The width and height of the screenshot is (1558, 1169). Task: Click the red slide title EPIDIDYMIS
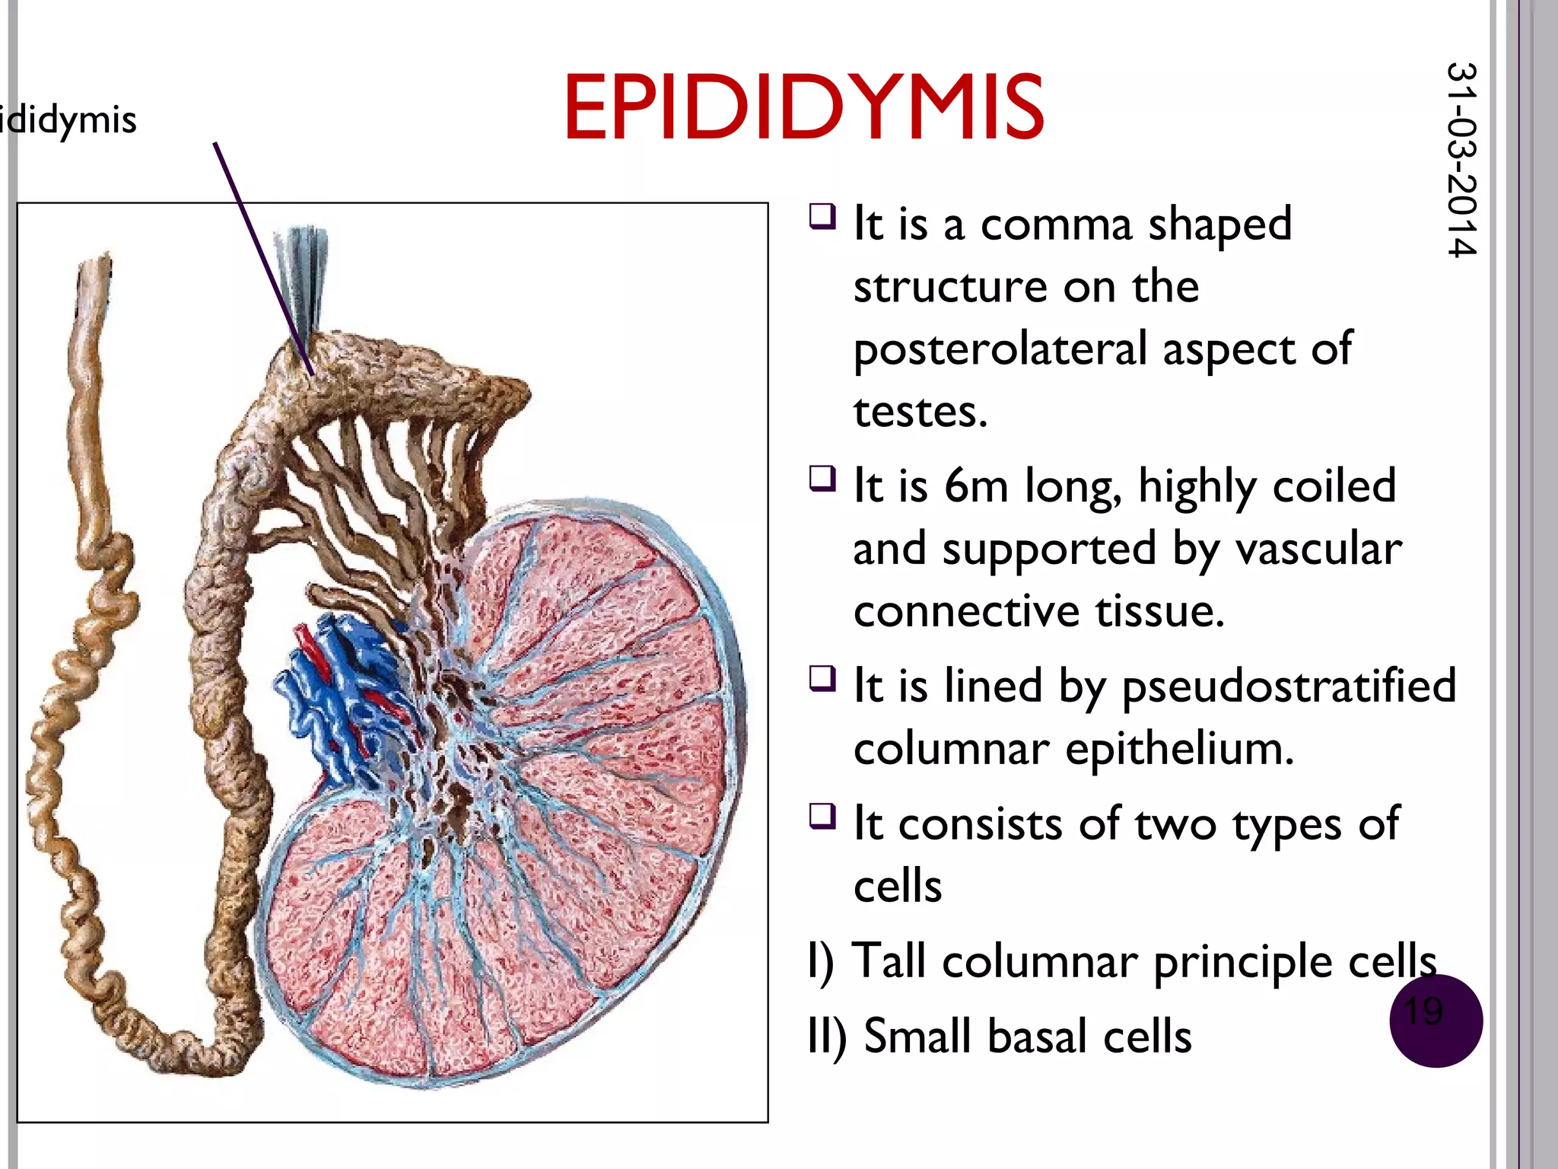pos(803,108)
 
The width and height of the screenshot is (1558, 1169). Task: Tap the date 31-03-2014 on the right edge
pos(1461,160)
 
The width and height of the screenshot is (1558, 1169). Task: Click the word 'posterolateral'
pos(1000,350)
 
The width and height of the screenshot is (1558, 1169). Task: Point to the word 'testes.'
pos(920,412)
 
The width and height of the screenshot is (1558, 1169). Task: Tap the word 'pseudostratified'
pos(1289,686)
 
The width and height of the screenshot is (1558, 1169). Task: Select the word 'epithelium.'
pos(1179,749)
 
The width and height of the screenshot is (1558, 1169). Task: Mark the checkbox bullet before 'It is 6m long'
pos(822,479)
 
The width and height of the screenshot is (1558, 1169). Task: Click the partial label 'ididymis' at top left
pos(68,120)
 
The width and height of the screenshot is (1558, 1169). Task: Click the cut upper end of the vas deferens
pos(94,274)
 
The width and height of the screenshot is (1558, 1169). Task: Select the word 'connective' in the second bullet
pos(966,611)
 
